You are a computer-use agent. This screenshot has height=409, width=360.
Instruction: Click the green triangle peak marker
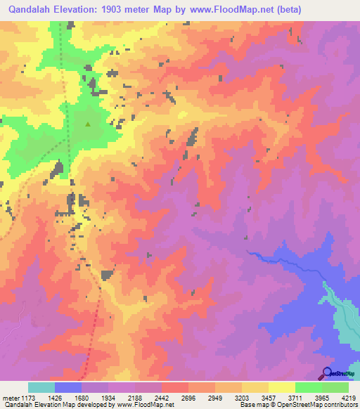click(88, 124)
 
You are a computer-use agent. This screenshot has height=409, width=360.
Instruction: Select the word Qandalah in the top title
click(30, 10)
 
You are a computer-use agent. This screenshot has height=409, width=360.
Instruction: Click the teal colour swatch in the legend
click(41, 387)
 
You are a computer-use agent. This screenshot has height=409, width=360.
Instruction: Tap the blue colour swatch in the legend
click(68, 387)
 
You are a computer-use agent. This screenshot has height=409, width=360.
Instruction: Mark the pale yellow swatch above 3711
click(282, 387)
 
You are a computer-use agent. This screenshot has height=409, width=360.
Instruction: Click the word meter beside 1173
click(11, 397)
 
